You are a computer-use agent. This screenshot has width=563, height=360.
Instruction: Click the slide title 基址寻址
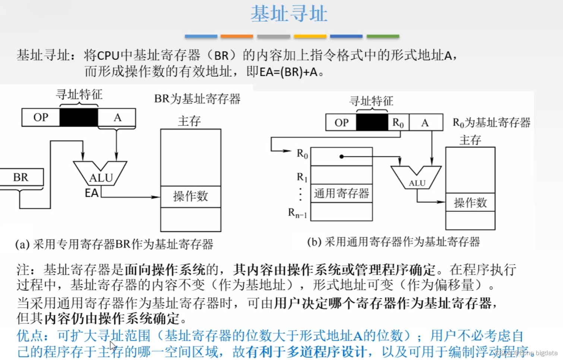289,14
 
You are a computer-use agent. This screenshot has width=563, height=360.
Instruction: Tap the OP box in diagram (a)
41,118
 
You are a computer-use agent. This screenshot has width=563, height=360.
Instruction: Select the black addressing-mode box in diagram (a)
79,118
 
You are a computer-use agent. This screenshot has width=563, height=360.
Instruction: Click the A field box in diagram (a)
117,118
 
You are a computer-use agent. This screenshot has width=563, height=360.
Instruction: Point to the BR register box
21,177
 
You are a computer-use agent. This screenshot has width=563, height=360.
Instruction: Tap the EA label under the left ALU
92,193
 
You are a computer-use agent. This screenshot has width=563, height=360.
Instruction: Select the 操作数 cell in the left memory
190,196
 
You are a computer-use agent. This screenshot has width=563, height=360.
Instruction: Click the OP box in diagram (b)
341,122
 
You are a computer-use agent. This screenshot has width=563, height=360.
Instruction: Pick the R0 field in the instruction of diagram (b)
398,122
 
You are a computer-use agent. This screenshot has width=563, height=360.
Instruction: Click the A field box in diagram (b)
426,122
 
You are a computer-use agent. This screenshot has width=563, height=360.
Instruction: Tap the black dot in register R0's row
341,156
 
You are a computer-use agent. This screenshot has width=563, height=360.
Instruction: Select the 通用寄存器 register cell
341,193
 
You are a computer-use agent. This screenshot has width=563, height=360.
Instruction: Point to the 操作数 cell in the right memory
470,203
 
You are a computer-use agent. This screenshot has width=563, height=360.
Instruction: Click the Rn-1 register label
297,213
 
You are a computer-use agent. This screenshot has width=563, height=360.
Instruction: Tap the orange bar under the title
237,36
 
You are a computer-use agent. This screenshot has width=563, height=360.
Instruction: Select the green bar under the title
383,36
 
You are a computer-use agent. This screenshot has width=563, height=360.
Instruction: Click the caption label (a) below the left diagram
22,245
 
